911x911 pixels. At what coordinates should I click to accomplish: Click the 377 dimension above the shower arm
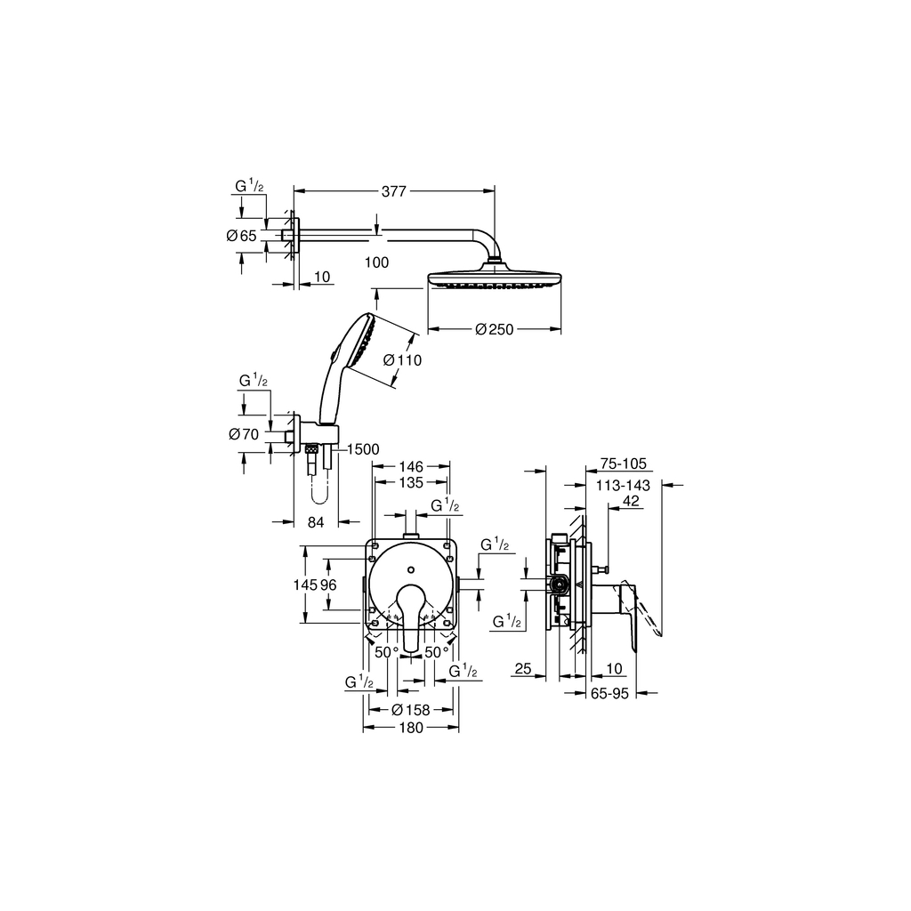coord(393,189)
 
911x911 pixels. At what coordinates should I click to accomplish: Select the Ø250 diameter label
coord(495,330)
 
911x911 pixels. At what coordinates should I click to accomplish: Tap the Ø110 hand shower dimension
coord(402,360)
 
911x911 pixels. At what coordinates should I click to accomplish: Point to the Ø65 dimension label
coord(241,236)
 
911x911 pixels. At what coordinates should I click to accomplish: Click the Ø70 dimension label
coord(243,434)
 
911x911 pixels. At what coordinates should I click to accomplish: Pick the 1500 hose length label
coord(363,449)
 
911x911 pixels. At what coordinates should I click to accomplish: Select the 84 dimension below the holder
coord(316,522)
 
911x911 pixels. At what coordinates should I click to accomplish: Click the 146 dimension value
coord(410,465)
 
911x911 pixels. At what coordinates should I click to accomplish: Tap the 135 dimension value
coord(410,482)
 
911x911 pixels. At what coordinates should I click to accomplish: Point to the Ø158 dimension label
coord(411,709)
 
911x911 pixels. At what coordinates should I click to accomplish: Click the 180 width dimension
coord(410,727)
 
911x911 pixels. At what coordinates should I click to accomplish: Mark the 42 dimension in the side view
coord(631,502)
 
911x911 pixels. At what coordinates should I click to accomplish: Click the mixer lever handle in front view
coord(411,614)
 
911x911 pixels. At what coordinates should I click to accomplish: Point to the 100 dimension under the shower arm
coord(377,262)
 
